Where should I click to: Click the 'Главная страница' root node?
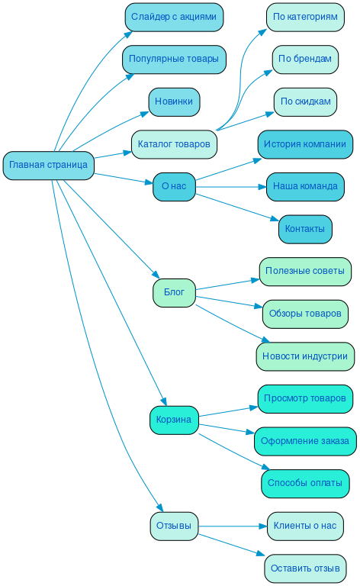coord(48,166)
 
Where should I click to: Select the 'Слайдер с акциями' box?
coord(174,17)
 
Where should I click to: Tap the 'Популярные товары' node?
coord(174,60)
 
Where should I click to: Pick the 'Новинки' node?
coord(174,102)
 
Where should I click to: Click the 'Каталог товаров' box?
coord(174,143)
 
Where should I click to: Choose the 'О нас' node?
coord(174,186)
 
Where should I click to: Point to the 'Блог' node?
coord(174,292)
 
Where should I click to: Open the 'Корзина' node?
coord(174,420)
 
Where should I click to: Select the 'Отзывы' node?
coord(174,526)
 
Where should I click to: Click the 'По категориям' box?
coord(305,17)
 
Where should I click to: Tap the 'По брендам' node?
coord(305,60)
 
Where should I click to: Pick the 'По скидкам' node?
coord(305,102)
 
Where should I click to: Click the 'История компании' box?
coord(305,144)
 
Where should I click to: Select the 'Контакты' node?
coord(305,229)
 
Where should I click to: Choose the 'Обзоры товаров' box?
coord(305,314)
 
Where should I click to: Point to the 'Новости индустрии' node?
coord(305,356)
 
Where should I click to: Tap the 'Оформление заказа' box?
coord(305,441)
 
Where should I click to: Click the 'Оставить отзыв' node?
coord(305,568)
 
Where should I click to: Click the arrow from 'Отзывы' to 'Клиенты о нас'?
coord(233,526)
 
